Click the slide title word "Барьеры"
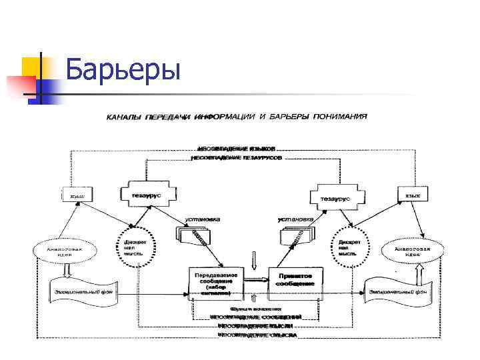coord(124,69)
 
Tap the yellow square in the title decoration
coord(33,66)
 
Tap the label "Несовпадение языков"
coord(237,148)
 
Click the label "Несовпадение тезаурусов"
coord(237,158)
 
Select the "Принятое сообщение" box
coord(295,279)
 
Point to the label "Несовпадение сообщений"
coord(255,317)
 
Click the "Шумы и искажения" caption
coord(255,309)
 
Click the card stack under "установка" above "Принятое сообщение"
coord(293,235)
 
